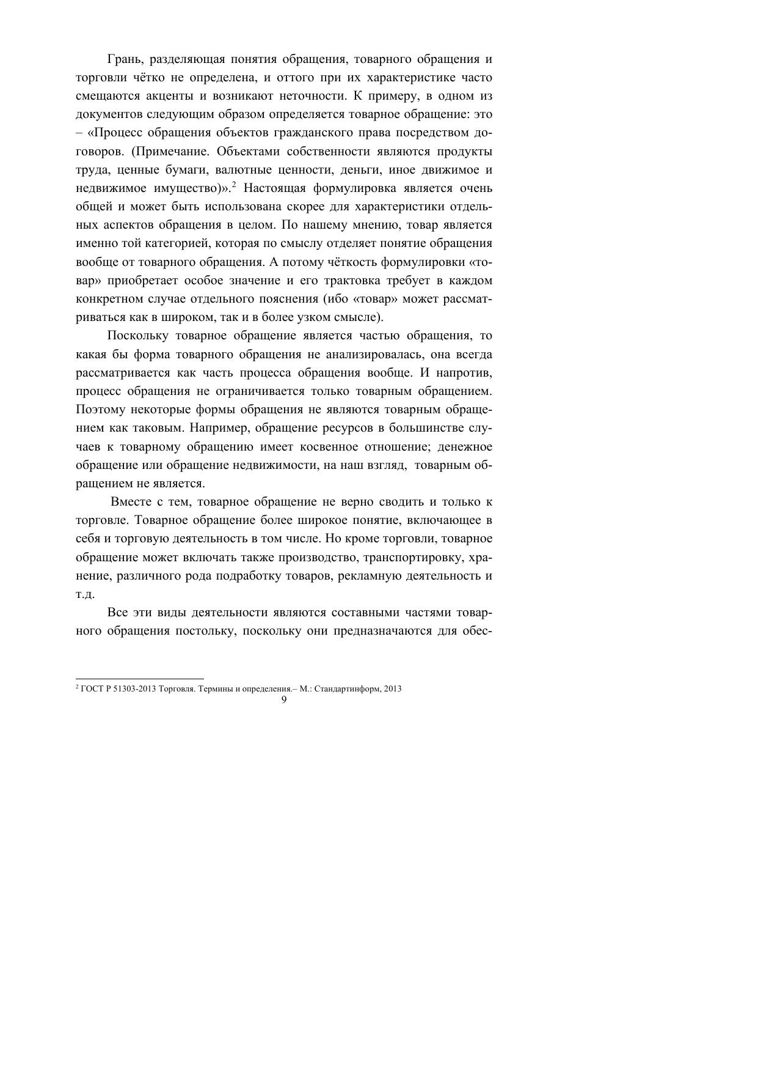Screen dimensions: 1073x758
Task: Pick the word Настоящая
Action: (x=272, y=188)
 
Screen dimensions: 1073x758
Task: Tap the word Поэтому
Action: (x=98, y=410)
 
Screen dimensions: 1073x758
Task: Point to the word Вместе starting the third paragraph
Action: (x=131, y=502)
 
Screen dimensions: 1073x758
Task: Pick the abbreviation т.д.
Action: (x=85, y=594)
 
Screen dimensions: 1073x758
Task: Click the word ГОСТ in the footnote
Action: (x=90, y=688)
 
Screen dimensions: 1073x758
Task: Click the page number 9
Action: (x=284, y=700)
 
